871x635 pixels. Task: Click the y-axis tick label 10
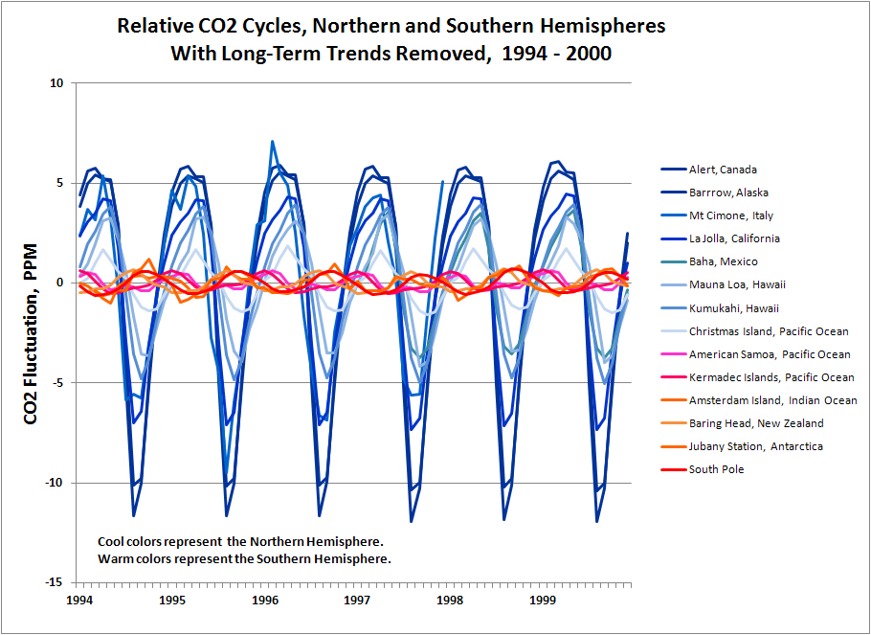pos(56,83)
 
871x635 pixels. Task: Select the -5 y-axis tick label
pos(57,383)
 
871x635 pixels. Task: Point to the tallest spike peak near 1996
pos(273,142)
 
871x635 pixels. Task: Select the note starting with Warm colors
pos(244,558)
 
